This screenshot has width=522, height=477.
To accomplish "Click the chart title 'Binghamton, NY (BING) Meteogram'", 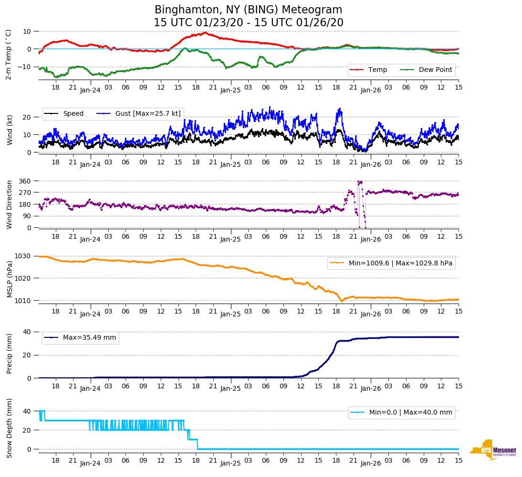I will coord(248,10).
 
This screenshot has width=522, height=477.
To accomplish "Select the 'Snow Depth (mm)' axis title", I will coord(10,428).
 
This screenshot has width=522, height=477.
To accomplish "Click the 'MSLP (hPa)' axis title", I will coord(10,278).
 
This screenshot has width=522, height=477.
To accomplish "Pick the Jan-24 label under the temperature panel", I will coord(90,90).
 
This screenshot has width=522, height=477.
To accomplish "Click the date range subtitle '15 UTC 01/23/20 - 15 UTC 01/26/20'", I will coord(248,23).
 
